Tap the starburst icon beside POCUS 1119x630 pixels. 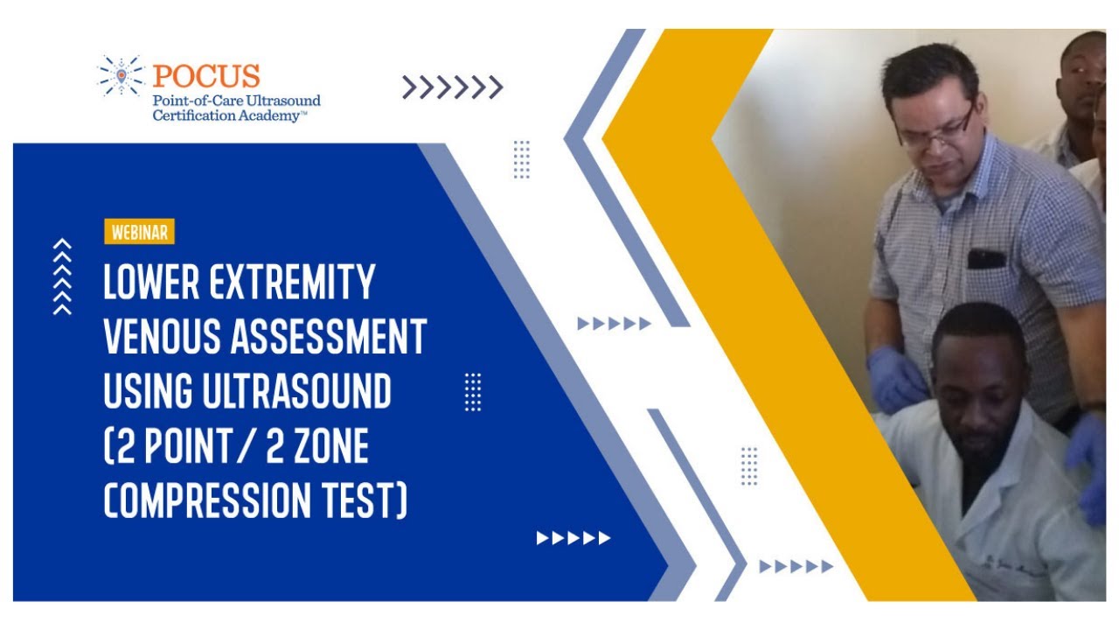[120, 74]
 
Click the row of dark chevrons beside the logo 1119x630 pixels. [452, 87]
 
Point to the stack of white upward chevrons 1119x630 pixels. [62, 276]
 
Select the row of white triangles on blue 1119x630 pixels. [573, 538]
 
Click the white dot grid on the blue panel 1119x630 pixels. [473, 392]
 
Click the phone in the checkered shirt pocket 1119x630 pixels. [986, 258]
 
